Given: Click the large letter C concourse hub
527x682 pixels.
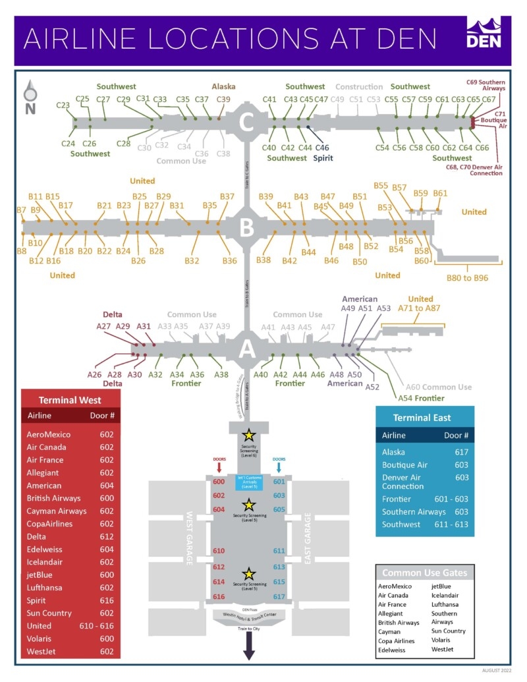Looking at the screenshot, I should point(246,123).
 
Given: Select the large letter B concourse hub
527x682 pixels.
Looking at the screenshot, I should point(246,228).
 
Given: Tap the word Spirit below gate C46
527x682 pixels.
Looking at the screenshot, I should point(322,158).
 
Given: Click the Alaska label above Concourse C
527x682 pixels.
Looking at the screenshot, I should point(223,86).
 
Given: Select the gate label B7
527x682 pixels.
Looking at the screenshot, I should point(22,210).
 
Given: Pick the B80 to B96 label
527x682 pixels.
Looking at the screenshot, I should point(467,277).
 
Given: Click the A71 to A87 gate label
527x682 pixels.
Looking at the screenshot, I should point(421,308).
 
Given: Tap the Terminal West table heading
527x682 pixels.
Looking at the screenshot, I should point(70,400).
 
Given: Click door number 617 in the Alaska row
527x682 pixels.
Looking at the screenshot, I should point(461,452).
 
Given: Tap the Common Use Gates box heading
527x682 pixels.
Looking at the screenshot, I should point(425,573).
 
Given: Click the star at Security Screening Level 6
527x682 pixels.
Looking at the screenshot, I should point(248,434).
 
